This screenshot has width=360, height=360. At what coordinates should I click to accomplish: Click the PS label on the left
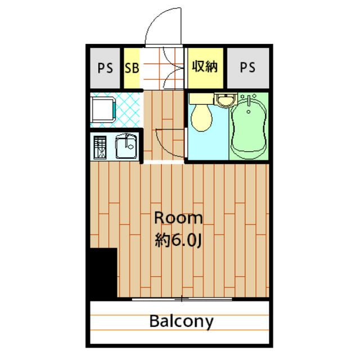coord(105,68)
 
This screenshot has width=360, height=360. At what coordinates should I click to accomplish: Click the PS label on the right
coord(247,67)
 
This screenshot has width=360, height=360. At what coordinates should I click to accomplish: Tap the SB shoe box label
coord(132,68)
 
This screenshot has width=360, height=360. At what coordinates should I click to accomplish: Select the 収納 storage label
coord(205,66)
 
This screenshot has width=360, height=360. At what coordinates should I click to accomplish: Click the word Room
coord(178,218)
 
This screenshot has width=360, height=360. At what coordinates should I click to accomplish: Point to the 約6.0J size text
coord(178,241)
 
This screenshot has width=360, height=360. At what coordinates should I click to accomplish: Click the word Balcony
coord(181,322)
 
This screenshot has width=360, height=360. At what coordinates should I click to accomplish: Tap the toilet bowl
coord(201,118)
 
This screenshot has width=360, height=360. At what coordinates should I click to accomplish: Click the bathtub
coord(249,128)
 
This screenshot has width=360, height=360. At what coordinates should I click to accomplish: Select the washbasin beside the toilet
coord(226,100)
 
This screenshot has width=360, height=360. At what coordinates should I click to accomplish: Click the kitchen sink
coord(126,146)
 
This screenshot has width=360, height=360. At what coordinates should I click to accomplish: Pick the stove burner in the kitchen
coord(100,147)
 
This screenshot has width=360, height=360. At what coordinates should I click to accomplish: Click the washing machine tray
coord(103,110)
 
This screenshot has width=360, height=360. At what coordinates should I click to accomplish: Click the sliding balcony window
coord(182,299)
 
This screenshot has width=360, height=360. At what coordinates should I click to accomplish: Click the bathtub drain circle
coord(249,112)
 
